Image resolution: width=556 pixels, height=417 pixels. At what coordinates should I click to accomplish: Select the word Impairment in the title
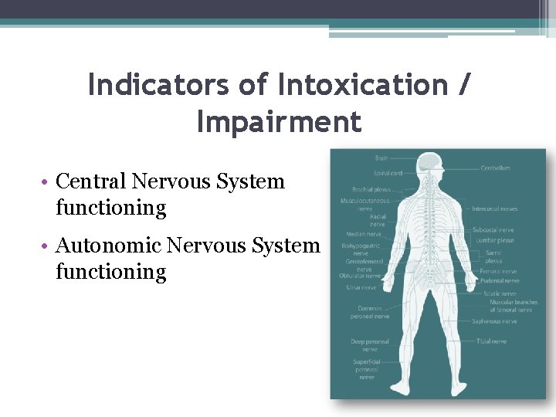pos(279,121)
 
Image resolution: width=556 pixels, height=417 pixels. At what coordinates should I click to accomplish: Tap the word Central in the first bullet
pos(93,181)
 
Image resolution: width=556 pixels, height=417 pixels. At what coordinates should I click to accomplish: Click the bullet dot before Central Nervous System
pos(47,183)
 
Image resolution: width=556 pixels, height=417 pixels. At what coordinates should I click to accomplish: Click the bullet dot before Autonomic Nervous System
pos(47,247)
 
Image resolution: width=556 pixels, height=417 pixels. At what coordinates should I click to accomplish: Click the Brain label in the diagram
pos(381,158)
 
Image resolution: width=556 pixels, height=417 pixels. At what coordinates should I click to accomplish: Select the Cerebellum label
pos(495,168)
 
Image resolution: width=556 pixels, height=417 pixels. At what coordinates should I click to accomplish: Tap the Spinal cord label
pos(388,173)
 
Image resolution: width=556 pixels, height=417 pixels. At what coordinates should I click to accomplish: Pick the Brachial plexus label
pos(371,189)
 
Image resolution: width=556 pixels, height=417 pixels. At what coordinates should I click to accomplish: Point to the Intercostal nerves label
pos(495,208)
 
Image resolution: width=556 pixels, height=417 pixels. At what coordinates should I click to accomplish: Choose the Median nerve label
pos(363,234)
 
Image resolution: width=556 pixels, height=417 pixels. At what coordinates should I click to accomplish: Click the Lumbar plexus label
pos(494,240)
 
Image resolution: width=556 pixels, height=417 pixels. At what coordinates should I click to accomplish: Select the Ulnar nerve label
pos(361,288)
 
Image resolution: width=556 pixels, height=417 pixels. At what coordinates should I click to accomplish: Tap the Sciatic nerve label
pos(498,293)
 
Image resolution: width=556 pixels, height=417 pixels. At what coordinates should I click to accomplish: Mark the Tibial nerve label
pos(491,341)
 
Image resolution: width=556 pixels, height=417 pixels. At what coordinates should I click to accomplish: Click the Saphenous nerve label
pos(495,321)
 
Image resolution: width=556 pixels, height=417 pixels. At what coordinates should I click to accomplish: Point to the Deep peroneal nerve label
pos(370,344)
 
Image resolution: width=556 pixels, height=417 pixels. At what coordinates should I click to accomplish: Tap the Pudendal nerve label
pos(500,281)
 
